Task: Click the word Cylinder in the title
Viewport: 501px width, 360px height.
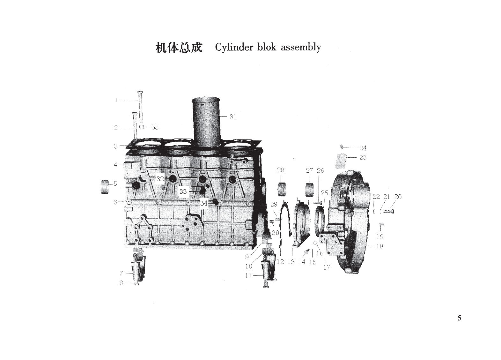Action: point(234,48)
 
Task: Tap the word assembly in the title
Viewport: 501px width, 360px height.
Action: point(301,48)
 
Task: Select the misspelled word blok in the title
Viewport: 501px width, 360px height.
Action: point(267,47)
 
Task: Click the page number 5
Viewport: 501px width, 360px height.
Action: point(459,318)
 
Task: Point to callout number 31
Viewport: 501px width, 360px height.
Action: point(233,116)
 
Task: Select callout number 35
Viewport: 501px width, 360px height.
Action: point(155,127)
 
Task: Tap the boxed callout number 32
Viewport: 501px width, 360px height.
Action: point(160,179)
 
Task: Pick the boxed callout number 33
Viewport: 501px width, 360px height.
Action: point(183,191)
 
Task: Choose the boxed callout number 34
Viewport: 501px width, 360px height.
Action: point(204,203)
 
